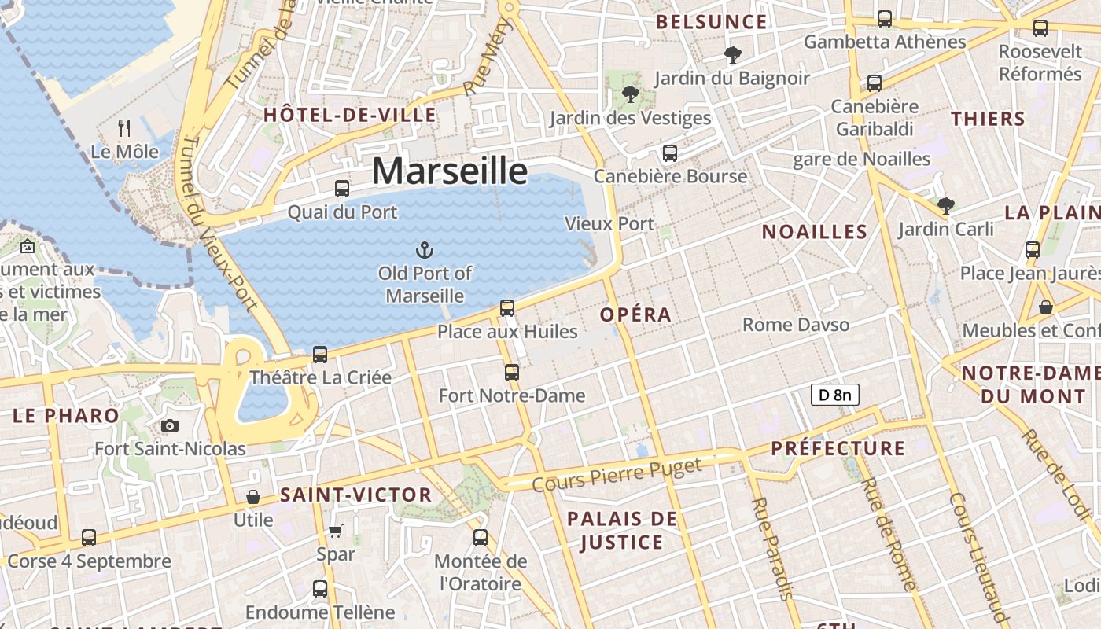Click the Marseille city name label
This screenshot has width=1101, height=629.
click(x=449, y=171)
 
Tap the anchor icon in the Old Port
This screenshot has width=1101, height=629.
click(x=425, y=251)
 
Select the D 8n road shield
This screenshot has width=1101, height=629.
click(x=834, y=395)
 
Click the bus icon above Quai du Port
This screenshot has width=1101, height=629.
click(x=342, y=189)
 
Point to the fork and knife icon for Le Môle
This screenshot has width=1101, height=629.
click(x=123, y=128)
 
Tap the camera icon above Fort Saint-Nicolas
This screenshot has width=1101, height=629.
click(x=169, y=426)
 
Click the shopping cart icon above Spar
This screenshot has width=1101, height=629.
click(x=336, y=532)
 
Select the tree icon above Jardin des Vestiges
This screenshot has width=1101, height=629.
click(x=630, y=95)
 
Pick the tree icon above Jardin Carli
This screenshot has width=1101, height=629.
click(x=946, y=207)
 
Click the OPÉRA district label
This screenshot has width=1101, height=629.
click(x=636, y=315)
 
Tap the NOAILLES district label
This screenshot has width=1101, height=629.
click(x=815, y=232)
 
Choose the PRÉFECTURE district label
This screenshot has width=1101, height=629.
click(x=838, y=449)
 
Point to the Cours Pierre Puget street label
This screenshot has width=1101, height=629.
click(x=617, y=476)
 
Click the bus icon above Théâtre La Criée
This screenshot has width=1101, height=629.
click(x=320, y=355)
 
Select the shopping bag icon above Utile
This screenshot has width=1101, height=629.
click(x=253, y=497)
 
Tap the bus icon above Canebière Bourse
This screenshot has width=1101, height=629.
click(x=670, y=153)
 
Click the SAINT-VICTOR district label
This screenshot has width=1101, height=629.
click(x=356, y=495)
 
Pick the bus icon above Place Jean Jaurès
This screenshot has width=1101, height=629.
click(x=1033, y=250)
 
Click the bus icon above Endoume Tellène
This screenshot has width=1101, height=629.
click(x=320, y=589)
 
